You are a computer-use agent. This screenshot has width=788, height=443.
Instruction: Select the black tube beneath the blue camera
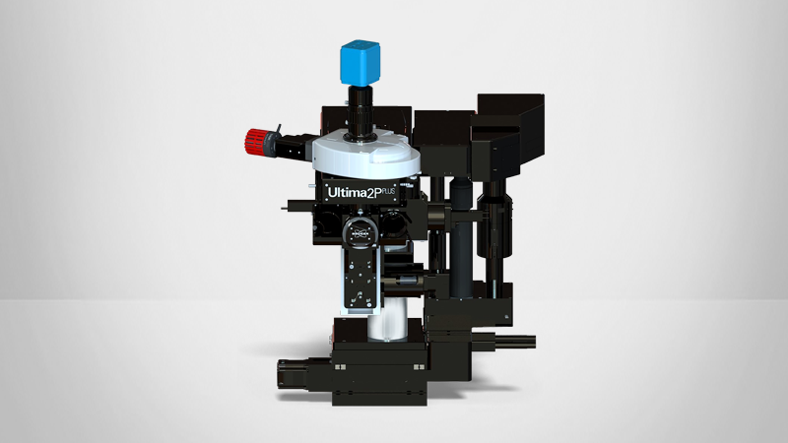pyautogui.click(x=361, y=109)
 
